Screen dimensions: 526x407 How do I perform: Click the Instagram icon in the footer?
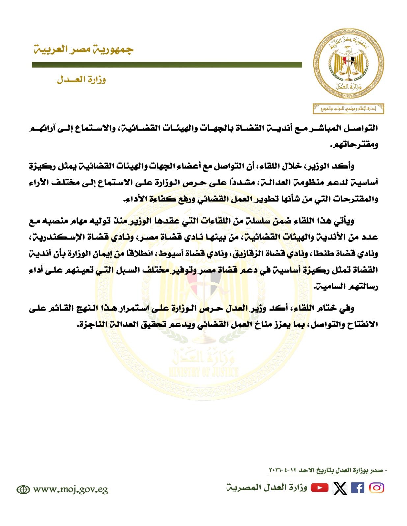pyautogui.click(x=376, y=488)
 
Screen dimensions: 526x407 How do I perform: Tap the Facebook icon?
pyautogui.click(x=358, y=488)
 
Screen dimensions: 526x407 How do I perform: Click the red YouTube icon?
pyautogui.click(x=319, y=488)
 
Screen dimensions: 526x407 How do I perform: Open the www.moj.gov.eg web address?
pyautogui.click(x=70, y=490)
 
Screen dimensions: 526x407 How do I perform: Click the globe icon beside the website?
pyautogui.click(x=23, y=490)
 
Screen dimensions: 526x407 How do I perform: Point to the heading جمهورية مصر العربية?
pyautogui.click(x=83, y=49)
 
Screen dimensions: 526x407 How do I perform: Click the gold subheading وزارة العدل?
pyautogui.click(x=81, y=80)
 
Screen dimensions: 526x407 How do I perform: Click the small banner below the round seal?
pyautogui.click(x=349, y=109)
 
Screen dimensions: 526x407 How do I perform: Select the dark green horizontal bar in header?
pyautogui.click(x=167, y=65)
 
